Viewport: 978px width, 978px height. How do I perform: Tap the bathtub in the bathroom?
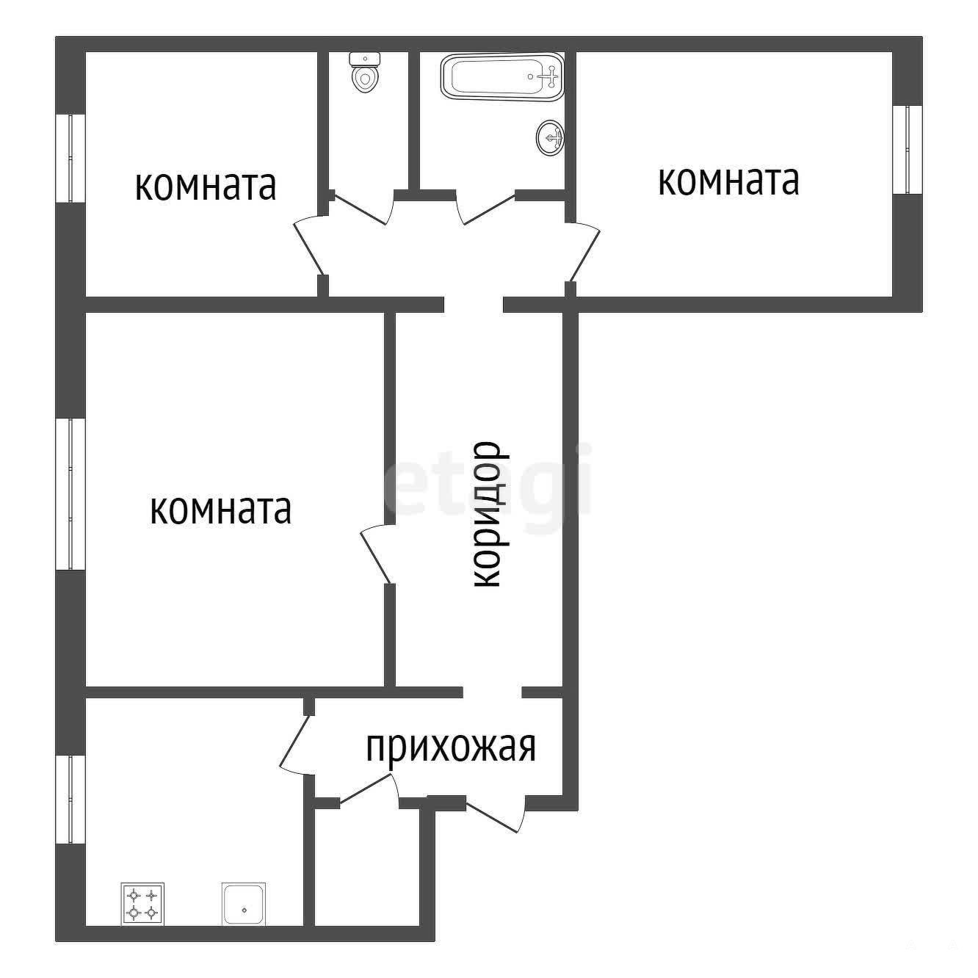click(502, 76)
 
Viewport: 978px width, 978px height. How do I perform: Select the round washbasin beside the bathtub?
click(550, 137)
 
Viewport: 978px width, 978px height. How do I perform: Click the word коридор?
click(488, 515)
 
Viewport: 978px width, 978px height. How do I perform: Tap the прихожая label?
click(451, 747)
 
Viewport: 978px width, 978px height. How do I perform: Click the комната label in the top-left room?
click(206, 186)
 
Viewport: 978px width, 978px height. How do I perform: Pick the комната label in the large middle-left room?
click(221, 510)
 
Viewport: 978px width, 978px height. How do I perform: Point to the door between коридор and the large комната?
click(375, 554)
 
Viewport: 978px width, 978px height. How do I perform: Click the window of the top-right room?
click(907, 150)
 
